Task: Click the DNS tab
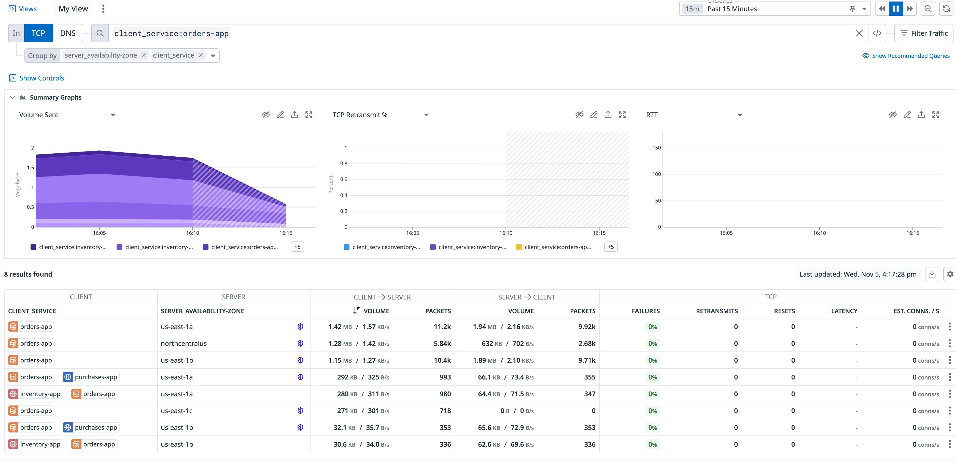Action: tap(67, 33)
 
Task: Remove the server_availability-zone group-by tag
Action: tap(144, 55)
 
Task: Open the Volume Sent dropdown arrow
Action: tap(113, 115)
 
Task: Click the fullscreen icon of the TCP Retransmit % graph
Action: tap(622, 115)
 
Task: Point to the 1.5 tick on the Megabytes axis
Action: tap(31, 168)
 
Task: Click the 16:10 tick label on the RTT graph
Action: tap(819, 233)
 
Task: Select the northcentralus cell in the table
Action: tap(184, 344)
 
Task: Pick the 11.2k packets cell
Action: tap(442, 327)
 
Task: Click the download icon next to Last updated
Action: tap(932, 274)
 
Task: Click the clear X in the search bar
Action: tap(859, 33)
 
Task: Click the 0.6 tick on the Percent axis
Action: tap(344, 179)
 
